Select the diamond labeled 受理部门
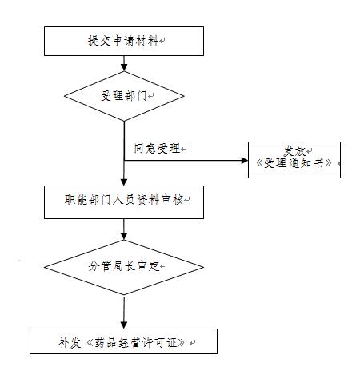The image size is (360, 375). [x=124, y=96]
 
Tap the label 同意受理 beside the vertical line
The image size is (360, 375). [x=158, y=148]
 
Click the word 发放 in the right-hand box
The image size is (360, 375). [x=294, y=150]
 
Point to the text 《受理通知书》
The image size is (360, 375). [x=294, y=163]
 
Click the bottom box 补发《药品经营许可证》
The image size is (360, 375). [x=124, y=341]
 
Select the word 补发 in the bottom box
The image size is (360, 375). [x=67, y=341]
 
